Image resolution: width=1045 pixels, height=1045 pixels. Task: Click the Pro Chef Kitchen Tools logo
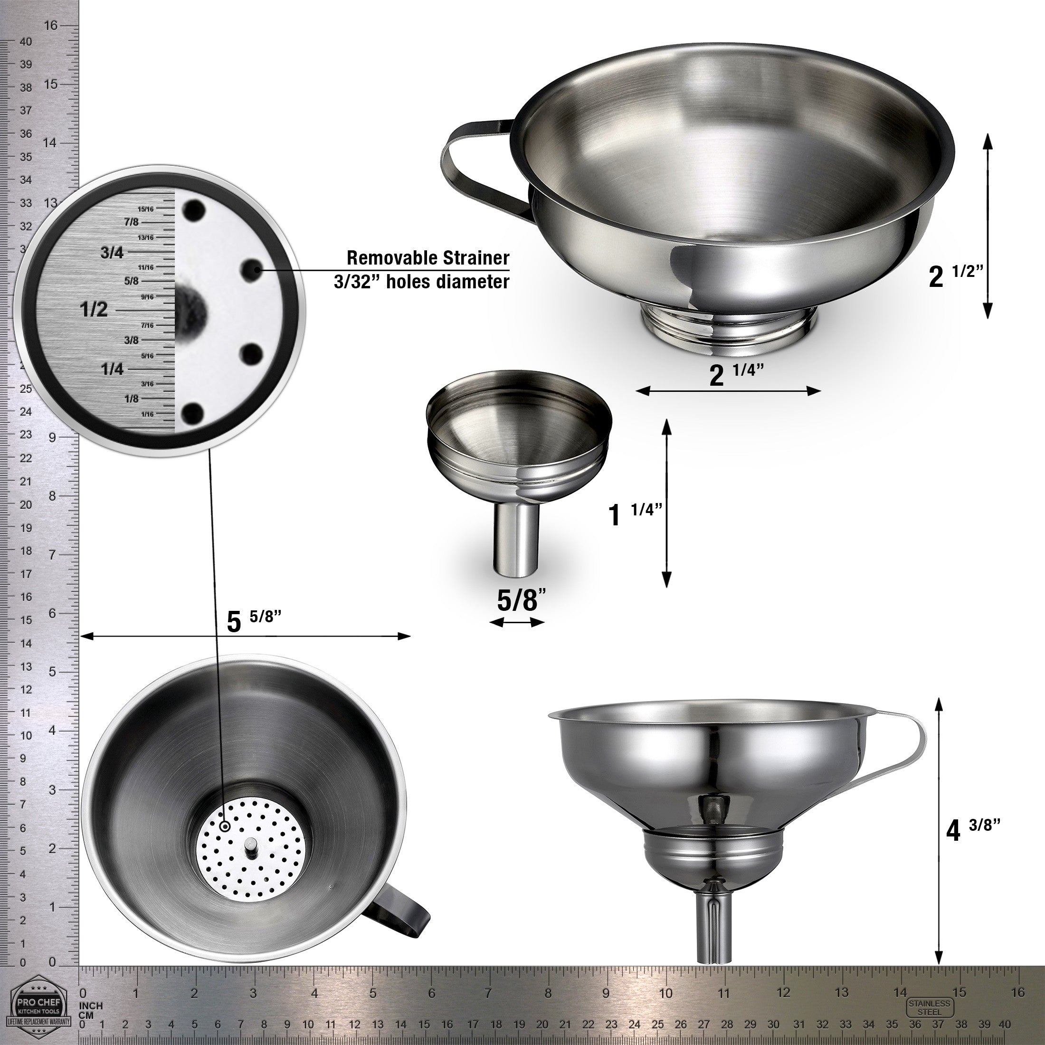[x=38, y=1007]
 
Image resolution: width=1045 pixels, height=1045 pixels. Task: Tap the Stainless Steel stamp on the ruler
[x=929, y=1007]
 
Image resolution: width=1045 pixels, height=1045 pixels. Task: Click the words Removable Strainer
[x=427, y=258]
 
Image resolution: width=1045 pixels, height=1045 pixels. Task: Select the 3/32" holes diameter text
[x=421, y=282]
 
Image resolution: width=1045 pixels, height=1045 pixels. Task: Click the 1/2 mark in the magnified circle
[x=94, y=310]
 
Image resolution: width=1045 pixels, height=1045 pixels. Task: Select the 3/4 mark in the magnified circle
[x=112, y=252]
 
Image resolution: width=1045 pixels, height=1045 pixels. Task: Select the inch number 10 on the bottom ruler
[x=666, y=993]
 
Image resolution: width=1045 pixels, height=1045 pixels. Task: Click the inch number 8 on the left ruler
[x=52, y=496]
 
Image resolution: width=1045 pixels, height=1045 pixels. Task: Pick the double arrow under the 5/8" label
[x=516, y=623]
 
